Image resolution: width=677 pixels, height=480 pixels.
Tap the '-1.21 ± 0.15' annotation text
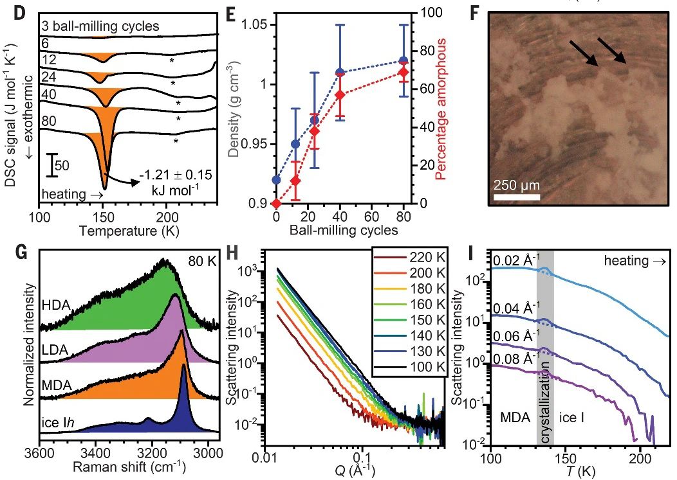click(x=176, y=174)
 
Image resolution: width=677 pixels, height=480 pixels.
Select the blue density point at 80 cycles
click(x=403, y=60)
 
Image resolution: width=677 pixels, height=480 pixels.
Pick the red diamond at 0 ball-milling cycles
click(x=277, y=203)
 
